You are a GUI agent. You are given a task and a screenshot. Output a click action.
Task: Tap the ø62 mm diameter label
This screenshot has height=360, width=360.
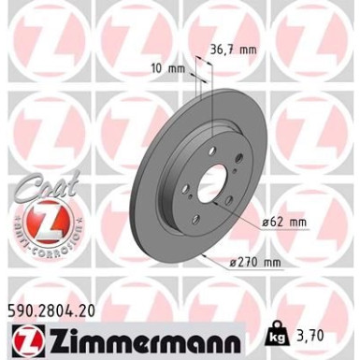click(285, 222)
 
